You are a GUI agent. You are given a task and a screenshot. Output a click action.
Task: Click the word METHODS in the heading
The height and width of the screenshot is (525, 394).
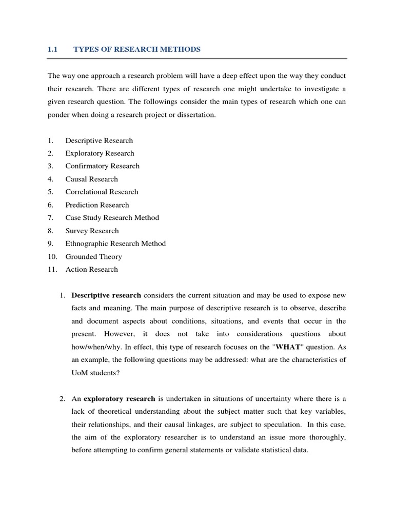pos(182,49)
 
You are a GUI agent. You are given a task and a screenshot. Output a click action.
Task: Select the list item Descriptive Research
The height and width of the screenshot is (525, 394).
pos(99,140)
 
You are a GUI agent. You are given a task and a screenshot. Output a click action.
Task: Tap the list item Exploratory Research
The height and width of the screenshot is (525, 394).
pos(100,153)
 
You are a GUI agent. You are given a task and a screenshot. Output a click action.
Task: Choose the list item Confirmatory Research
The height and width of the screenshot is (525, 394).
pos(102,166)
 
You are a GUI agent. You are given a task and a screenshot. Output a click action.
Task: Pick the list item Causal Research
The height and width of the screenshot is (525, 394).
pos(91,179)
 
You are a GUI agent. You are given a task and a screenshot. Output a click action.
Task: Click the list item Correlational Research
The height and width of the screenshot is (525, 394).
pos(102,192)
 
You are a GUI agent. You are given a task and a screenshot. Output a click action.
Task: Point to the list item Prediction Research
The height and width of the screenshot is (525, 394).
pos(97,205)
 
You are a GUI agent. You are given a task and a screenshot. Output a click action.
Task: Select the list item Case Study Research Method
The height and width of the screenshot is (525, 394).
pos(112,218)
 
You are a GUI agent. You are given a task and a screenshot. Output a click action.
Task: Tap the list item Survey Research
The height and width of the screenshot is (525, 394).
pos(92,231)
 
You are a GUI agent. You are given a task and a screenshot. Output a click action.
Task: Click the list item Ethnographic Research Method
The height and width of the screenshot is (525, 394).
pos(115,244)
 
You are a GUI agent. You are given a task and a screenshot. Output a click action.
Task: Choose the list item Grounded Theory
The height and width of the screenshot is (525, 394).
pos(93,256)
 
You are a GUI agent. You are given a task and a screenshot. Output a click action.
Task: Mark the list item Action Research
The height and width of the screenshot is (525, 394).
pos(91,269)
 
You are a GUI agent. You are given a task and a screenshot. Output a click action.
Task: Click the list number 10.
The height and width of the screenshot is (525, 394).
pos(52,256)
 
